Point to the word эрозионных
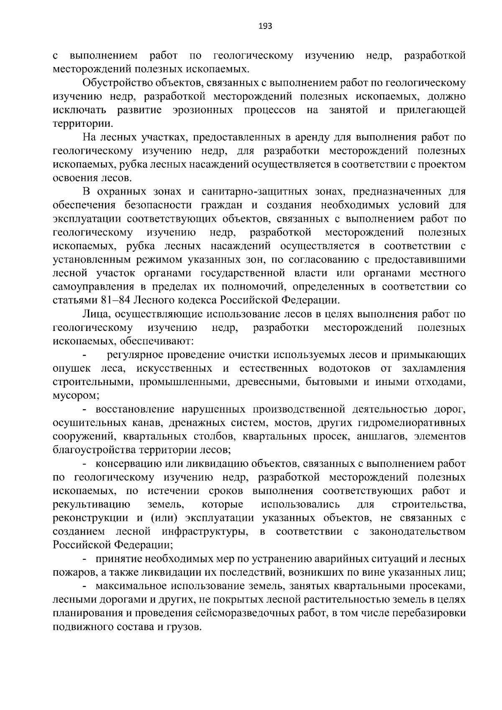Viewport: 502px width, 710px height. pos(202,110)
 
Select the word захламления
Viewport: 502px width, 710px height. pos(434,369)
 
